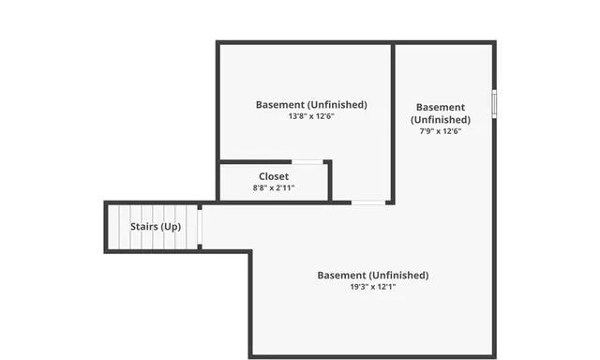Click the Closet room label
pyautogui.click(x=274, y=176)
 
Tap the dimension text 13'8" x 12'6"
pyautogui.click(x=311, y=117)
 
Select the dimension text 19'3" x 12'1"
pyautogui.click(x=372, y=287)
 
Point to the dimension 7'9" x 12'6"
pyautogui.click(x=440, y=131)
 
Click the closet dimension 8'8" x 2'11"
pyautogui.click(x=274, y=187)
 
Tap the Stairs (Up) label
pyautogui.click(x=156, y=227)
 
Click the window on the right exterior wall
pyautogui.click(x=494, y=102)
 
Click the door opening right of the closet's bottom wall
pyautogui.click(x=367, y=202)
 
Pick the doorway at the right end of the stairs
pyautogui.click(x=200, y=226)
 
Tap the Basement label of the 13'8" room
pyautogui.click(x=280, y=104)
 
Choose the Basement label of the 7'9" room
pyautogui.click(x=440, y=108)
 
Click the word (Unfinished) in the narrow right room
pyautogui.click(x=440, y=120)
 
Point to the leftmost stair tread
pyautogui.click(x=114, y=227)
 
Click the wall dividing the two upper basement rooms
pyautogui.click(x=393, y=122)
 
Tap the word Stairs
pyautogui.click(x=143, y=227)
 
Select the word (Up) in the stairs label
pyautogui.click(x=171, y=227)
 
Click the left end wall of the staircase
pyautogui.click(x=105, y=227)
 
